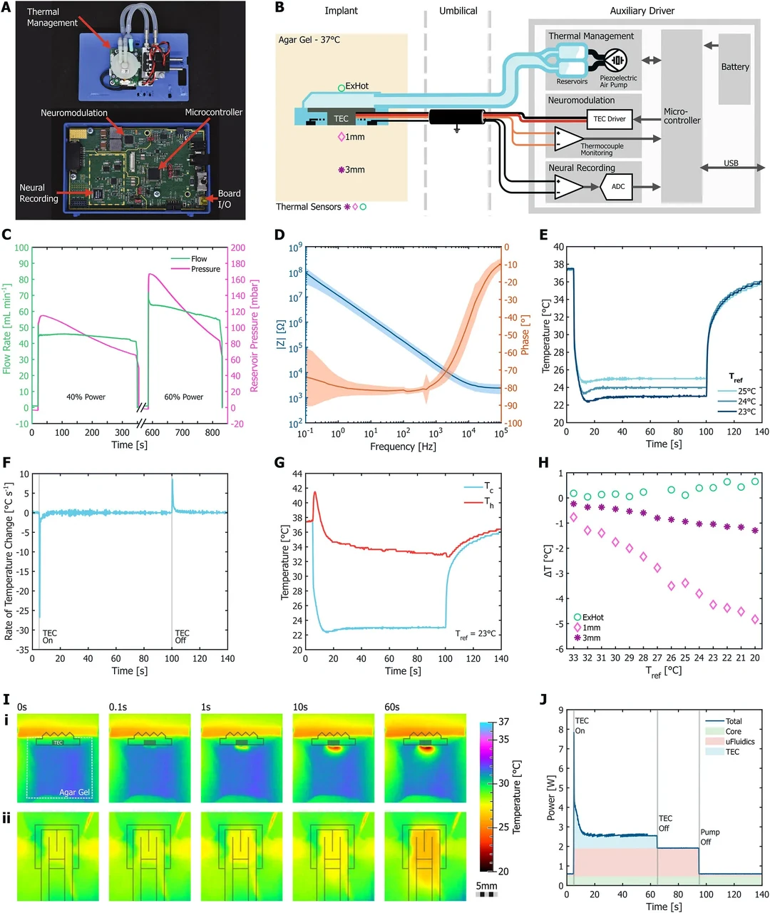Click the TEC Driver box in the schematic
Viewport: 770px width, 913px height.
point(609,119)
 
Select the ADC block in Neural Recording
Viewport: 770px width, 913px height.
point(616,187)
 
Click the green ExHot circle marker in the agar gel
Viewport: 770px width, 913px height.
point(342,88)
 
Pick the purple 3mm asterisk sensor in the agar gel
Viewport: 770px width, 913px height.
point(342,170)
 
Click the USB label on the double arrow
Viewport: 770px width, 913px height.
point(731,163)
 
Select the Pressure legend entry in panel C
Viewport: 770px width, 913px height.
point(196,269)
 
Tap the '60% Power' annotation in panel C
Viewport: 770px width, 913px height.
point(183,397)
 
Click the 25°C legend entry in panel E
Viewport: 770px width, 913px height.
point(736,391)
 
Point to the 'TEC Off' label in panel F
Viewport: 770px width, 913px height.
point(182,637)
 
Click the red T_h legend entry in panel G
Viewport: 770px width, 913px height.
point(479,502)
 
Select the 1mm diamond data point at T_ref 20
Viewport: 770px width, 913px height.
point(755,619)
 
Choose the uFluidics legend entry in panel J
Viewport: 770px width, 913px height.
point(730,742)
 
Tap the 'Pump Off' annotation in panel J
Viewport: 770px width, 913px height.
point(709,837)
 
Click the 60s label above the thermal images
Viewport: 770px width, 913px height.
point(391,707)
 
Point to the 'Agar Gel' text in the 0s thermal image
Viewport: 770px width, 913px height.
point(74,792)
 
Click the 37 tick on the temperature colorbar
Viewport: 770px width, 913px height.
point(503,722)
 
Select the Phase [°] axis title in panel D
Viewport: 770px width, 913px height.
point(525,335)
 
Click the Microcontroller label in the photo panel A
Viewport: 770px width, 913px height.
point(213,113)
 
